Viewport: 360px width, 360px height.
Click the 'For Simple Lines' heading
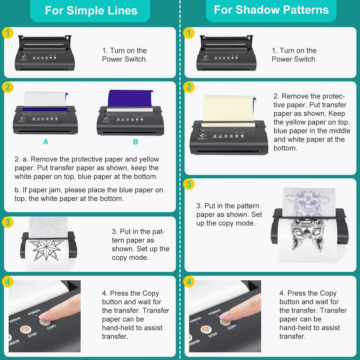[x=91, y=11]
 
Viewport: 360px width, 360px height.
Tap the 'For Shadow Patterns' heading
[x=271, y=10]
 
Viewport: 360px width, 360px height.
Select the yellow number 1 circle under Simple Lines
[x=8, y=33]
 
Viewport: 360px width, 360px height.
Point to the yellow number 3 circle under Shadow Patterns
[x=189, y=184]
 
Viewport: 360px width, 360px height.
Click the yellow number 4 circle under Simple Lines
[x=8, y=282]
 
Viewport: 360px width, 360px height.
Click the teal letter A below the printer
[x=46, y=142]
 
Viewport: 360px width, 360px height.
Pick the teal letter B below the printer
[x=135, y=142]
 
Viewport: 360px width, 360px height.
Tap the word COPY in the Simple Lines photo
[x=51, y=327]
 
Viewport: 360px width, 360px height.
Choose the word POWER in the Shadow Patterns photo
[x=214, y=312]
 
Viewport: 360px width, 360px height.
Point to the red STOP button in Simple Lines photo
[x=26, y=329]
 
